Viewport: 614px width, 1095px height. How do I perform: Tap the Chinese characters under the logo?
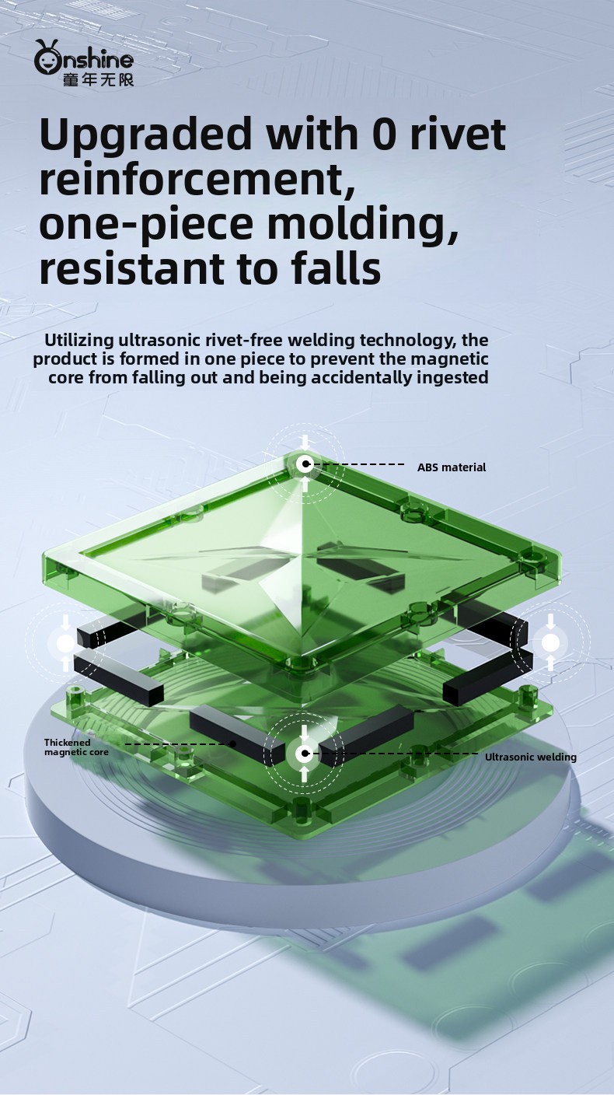(98, 79)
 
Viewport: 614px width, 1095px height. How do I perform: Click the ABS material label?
(452, 467)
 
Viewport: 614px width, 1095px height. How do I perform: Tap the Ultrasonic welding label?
(531, 757)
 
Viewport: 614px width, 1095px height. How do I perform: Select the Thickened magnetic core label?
(77, 747)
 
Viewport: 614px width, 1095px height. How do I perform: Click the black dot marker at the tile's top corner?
(305, 464)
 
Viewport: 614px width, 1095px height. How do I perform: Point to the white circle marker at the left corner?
(66, 643)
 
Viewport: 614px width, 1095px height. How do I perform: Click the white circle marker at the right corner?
(551, 643)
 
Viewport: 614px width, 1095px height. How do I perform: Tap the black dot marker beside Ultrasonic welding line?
(305, 754)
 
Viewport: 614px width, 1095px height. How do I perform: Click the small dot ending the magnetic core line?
(233, 744)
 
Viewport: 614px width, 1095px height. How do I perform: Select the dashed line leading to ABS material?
(358, 464)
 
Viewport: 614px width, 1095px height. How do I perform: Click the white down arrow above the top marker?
(305, 443)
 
